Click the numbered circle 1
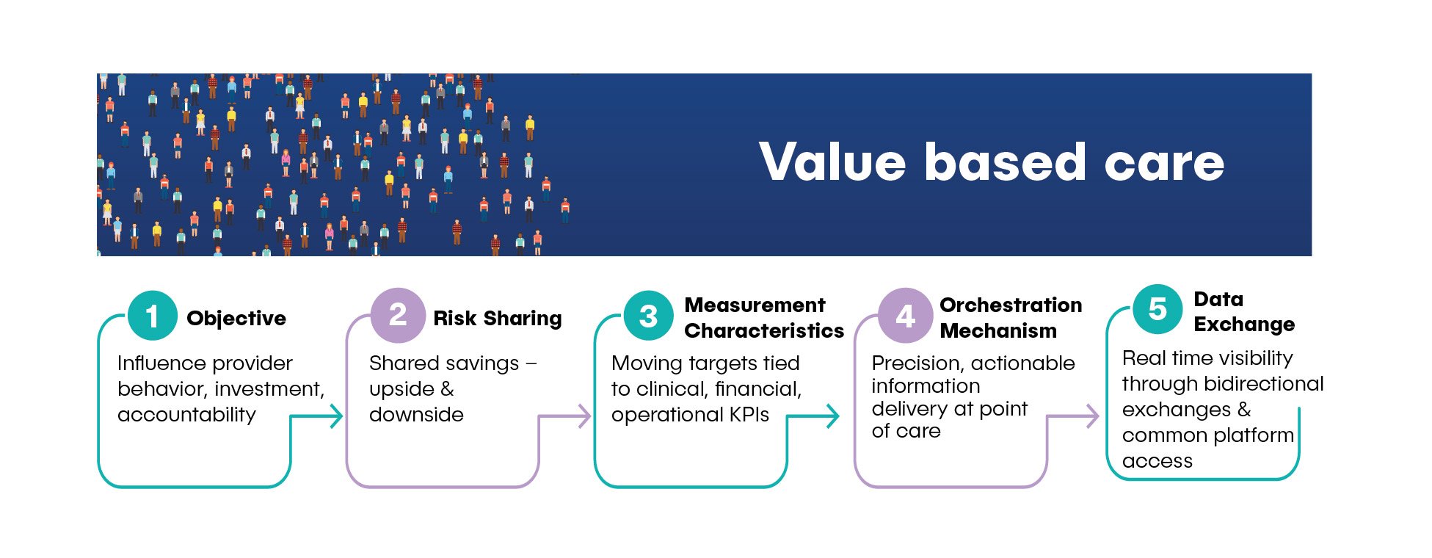tap(152, 316)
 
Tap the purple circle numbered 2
tap(398, 315)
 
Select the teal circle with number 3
tap(648, 316)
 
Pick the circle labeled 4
tap(906, 316)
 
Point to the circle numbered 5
tap(1157, 309)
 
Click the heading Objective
tap(236, 319)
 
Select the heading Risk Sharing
tap(498, 319)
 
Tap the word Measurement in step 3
tap(755, 305)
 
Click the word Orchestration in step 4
tap(1011, 305)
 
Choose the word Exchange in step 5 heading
tap(1244, 325)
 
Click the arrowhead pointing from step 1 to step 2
tap(336, 416)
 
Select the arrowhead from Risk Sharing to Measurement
tap(584, 416)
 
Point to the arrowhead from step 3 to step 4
tap(832, 416)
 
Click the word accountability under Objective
tap(186, 416)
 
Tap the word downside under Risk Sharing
tap(416, 415)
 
